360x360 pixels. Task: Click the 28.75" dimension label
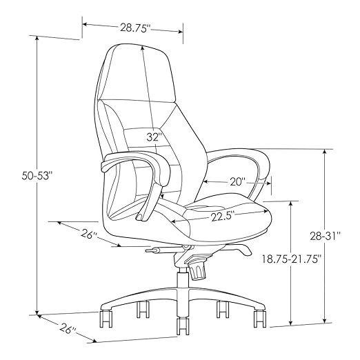point(135,28)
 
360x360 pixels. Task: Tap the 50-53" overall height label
point(36,176)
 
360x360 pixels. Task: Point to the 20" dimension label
point(238,182)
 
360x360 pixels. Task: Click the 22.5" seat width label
point(223,217)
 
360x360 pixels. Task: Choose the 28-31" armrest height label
point(325,236)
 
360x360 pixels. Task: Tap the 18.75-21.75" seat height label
point(292,259)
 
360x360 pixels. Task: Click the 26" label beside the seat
point(89,234)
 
